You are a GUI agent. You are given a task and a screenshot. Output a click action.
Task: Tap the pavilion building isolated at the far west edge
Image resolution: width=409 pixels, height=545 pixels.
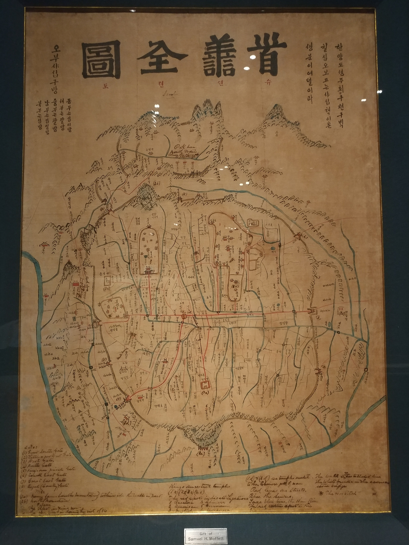tap(42, 245)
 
